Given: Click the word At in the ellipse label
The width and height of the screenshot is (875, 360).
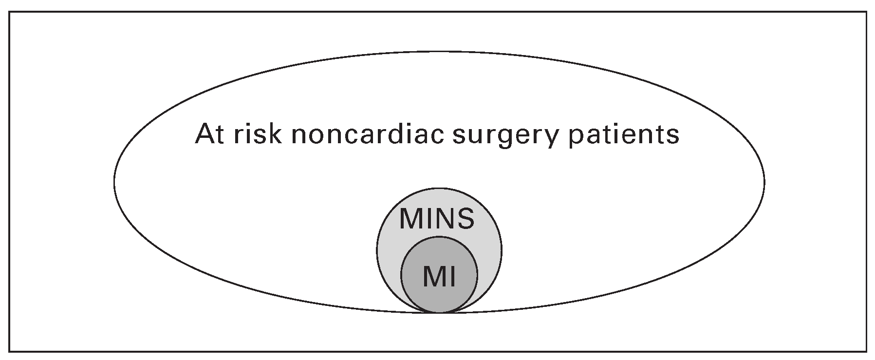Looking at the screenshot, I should (x=210, y=134).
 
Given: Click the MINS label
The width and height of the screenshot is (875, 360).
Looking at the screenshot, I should (x=437, y=219).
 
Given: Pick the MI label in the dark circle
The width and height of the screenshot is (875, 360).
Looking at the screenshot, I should (x=439, y=276).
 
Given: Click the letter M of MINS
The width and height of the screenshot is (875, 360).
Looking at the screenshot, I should (x=411, y=219).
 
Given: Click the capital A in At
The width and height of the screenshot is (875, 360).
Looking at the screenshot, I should (x=204, y=134).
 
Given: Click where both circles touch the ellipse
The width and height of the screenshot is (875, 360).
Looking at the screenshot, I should (x=439, y=312).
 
